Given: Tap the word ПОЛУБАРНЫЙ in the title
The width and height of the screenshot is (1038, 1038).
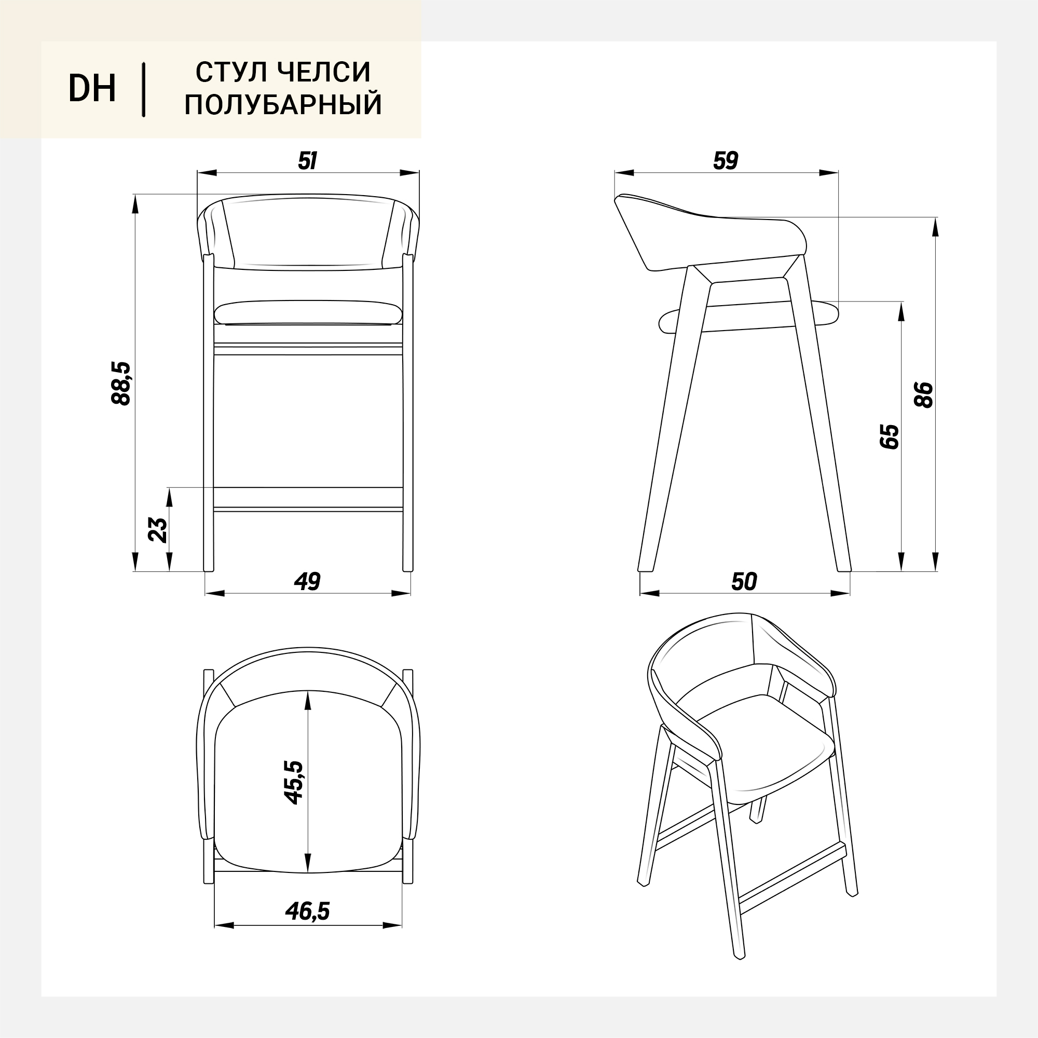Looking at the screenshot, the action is click(283, 104).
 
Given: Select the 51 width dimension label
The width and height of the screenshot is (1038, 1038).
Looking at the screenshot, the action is click(307, 161).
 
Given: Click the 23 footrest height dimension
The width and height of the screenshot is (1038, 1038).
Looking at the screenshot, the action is click(157, 530).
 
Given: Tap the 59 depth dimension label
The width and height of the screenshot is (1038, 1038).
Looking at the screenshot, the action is click(726, 161).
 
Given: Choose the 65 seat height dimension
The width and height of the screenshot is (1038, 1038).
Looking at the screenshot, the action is click(890, 437).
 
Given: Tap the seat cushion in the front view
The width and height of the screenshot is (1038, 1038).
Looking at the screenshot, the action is click(308, 312).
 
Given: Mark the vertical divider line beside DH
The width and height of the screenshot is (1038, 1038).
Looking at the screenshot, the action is click(143, 90).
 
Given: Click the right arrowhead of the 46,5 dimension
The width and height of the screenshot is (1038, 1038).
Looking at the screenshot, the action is click(393, 926).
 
